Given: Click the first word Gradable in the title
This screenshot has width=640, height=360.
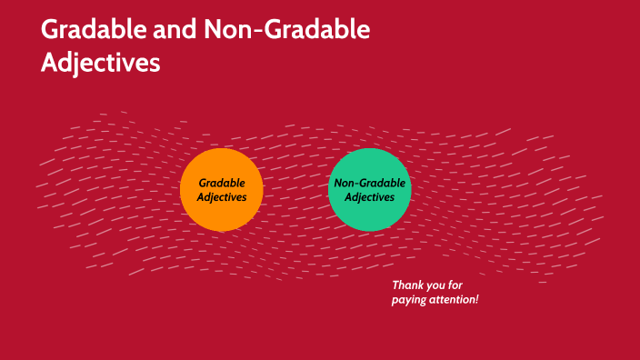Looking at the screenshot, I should coord(96,30).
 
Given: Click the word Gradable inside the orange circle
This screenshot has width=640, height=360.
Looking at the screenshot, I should coord(222,182).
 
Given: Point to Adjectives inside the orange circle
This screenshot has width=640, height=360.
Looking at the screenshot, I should coord(222,196).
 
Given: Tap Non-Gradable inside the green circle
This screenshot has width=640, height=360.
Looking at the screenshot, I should coord(370,183).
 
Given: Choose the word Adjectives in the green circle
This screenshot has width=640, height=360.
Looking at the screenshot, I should coord(370,196).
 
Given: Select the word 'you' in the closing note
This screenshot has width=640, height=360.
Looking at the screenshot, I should coord(438,285).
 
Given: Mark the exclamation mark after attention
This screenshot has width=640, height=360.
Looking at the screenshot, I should coord(476,299).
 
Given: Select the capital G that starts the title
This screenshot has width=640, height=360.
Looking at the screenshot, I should coord(50,30).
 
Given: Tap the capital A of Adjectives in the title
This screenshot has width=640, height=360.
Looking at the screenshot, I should coord(49,63).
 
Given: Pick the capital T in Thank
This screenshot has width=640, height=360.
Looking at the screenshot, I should coord(395,285).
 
